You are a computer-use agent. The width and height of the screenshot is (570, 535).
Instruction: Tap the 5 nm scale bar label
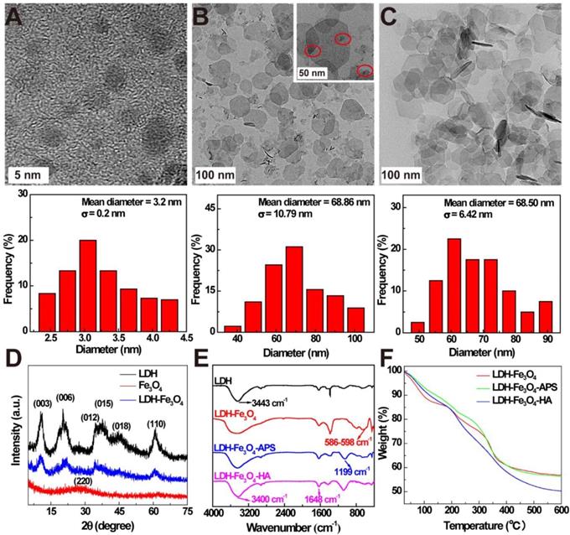[26, 174]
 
